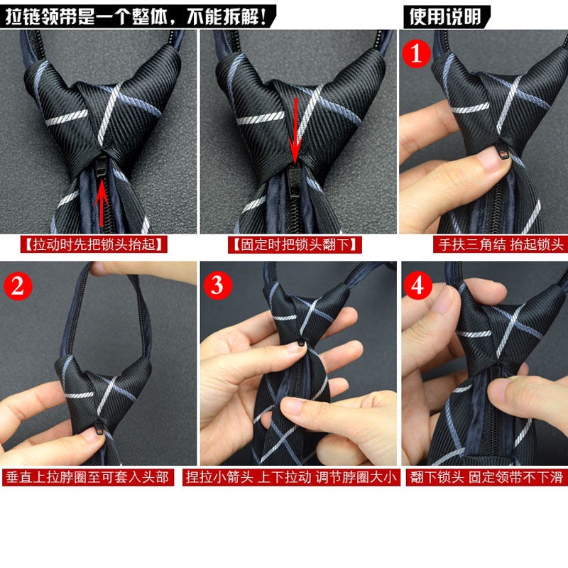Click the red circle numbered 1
click(417, 52)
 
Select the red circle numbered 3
click(218, 285)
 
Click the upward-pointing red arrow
click(102, 198)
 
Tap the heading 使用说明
click(447, 15)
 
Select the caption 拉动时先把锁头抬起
click(94, 245)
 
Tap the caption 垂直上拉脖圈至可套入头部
click(88, 477)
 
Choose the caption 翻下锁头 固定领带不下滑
click(488, 477)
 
